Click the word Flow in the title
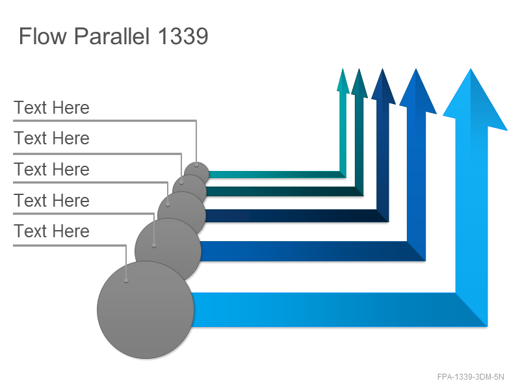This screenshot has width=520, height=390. (43, 36)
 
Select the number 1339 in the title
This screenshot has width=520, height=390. (183, 36)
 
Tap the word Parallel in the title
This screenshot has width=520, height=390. (112, 36)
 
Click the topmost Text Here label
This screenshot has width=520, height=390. (52, 107)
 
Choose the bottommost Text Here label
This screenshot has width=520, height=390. (52, 231)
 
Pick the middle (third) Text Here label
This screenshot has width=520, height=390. (52, 169)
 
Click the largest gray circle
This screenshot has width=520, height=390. (145, 310)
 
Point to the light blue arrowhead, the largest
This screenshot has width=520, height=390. (475, 99)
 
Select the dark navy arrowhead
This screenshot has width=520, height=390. (383, 86)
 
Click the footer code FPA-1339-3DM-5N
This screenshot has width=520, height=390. (471, 377)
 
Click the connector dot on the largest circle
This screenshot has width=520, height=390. (126, 281)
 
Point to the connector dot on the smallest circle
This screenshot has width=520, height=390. (196, 164)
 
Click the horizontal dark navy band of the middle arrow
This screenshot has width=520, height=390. (295, 216)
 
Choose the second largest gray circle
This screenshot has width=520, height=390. (168, 250)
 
